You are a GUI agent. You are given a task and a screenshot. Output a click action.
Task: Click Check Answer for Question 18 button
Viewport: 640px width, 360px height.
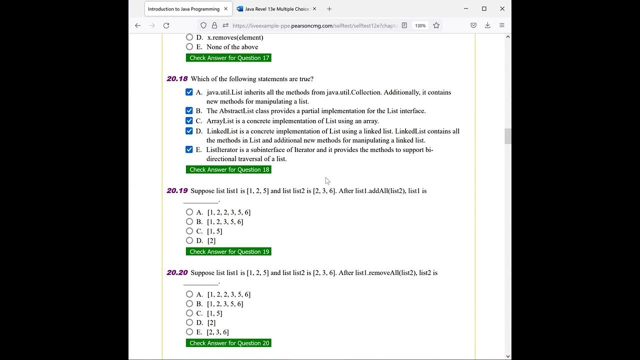tap(228, 169)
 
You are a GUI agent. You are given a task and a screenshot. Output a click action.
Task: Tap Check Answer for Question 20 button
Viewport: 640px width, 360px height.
tap(228, 343)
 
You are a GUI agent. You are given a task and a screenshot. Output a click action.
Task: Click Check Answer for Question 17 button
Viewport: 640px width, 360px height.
tap(228, 58)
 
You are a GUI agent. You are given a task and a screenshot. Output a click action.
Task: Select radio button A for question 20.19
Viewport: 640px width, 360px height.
tap(189, 212)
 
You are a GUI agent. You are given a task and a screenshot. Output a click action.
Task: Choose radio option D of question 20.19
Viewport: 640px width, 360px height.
tap(189, 240)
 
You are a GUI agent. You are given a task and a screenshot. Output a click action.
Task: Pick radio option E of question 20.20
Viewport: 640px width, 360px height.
tap(189, 332)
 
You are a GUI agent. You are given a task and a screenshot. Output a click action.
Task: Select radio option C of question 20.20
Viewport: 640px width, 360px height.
tap(189, 313)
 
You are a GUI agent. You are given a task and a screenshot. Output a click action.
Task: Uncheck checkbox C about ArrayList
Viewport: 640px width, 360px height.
tap(189, 120)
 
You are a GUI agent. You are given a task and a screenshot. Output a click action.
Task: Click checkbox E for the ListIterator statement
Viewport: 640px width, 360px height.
tap(189, 149)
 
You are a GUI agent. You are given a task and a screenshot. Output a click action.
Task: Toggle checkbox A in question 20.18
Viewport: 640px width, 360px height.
tap(189, 92)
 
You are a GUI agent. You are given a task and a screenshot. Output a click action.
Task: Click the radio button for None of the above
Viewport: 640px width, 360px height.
tap(189, 46)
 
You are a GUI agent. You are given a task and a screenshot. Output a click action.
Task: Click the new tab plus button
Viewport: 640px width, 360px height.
tap(329, 9)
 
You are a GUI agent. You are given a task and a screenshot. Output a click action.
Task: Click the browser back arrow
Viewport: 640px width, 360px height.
tap(138, 25)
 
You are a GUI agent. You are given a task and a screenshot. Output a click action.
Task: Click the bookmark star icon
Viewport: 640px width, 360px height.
tap(436, 25)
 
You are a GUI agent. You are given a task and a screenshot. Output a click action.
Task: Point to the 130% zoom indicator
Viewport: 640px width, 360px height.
tap(420, 25)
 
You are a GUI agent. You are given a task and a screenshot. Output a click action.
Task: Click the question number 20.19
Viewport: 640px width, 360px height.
tap(177, 190)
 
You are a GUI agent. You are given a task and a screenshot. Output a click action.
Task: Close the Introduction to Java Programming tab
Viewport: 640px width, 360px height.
tap(226, 9)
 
